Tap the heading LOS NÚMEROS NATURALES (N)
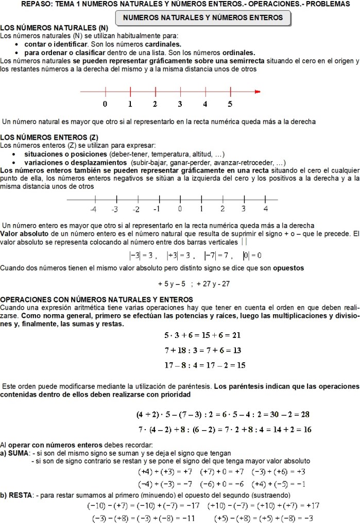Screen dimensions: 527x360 [x=54, y=27]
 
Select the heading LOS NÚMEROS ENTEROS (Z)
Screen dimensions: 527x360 [x=49, y=138]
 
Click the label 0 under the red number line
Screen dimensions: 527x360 [x=105, y=104]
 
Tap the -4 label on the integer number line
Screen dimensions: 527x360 [x=93, y=209]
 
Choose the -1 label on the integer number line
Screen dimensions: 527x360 [x=157, y=209]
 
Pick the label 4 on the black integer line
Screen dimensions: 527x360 [x=265, y=209]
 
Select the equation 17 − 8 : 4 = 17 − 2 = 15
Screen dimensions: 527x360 [x=204, y=365]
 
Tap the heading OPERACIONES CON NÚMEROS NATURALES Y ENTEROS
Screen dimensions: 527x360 [x=97, y=300]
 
